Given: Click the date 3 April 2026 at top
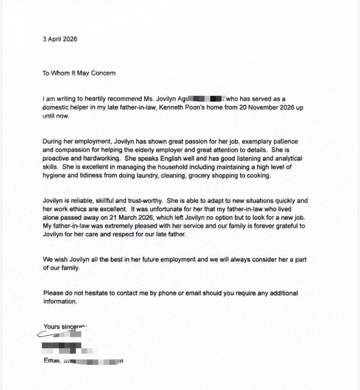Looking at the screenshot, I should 60,39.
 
